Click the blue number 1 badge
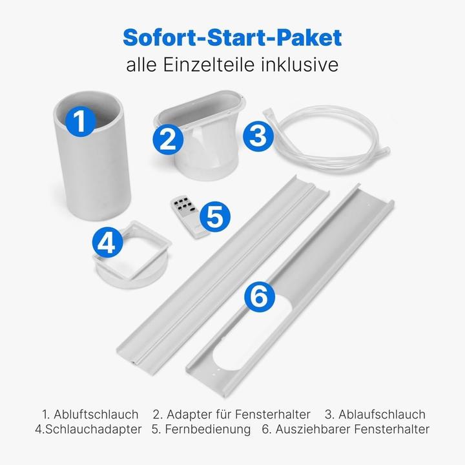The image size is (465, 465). pos(80,121)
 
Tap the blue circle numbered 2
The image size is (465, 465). pos(168,139)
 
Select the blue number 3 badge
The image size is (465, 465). pos(258,136)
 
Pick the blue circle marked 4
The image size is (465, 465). pos(107,243)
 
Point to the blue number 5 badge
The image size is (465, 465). pos(215,216)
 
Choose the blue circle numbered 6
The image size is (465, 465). pos(260,297)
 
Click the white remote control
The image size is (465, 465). pos(189,216)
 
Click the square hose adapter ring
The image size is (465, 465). pos(132,255)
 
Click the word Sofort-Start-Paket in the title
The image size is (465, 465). pos(232,37)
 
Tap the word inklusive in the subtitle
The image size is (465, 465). pos(300,65)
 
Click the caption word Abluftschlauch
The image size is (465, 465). pos(96,414)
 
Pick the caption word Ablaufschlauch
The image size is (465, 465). pos(382,414)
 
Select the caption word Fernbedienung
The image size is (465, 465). pos(207,429)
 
